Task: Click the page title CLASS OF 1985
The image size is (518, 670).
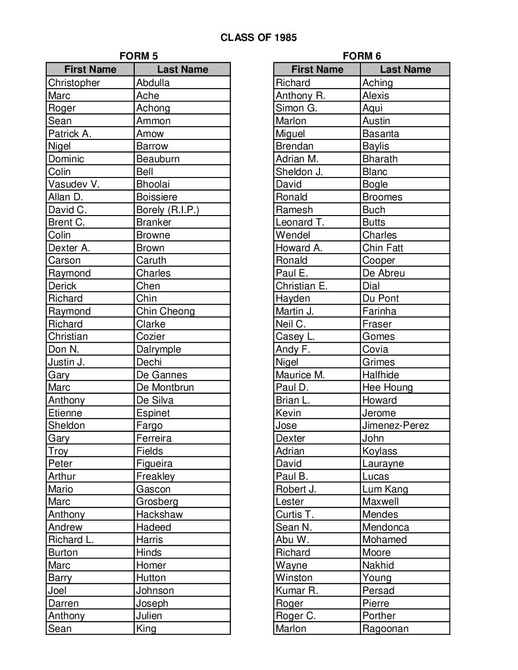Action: click(x=259, y=38)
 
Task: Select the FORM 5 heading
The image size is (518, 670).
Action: click(x=139, y=56)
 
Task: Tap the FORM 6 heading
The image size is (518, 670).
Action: click(x=362, y=56)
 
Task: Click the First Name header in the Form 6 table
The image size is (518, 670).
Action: click(x=317, y=69)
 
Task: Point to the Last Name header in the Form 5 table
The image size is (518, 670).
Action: click(x=182, y=69)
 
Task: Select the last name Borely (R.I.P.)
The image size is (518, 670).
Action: click(x=168, y=210)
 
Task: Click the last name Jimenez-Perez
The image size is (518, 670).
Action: click(x=395, y=425)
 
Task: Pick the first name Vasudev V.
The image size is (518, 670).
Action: click(x=74, y=184)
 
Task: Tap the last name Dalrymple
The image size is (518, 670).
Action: click(x=159, y=349)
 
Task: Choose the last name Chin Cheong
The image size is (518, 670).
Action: click(x=165, y=311)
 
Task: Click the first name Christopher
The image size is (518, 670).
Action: click(x=74, y=83)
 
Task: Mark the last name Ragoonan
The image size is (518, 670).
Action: click(x=385, y=629)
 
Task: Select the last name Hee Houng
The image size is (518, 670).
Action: click(x=387, y=387)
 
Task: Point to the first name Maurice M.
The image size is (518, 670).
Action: click(x=300, y=375)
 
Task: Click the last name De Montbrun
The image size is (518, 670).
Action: click(x=165, y=387)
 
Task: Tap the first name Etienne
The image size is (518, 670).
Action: click(x=65, y=413)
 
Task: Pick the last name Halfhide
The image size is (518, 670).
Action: click(x=380, y=375)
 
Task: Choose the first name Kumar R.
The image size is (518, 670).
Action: click(x=297, y=591)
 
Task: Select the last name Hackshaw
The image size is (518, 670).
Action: click(x=159, y=514)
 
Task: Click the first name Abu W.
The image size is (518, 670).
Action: click(x=292, y=540)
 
